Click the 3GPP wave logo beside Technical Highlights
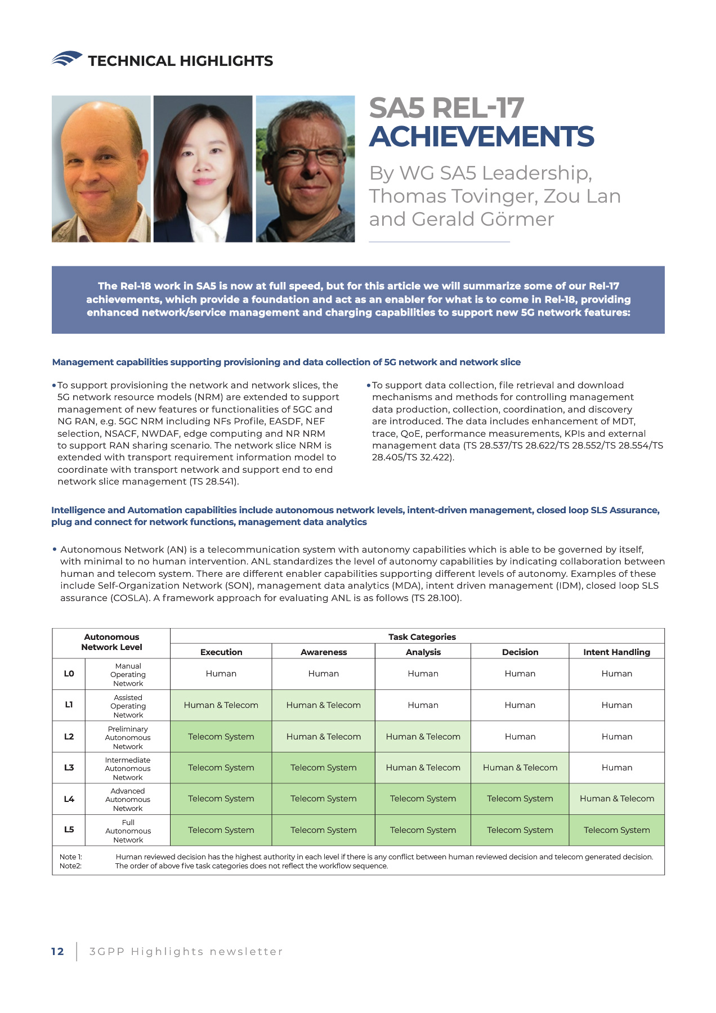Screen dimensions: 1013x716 [x=66, y=59]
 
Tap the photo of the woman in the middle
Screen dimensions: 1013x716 [x=203, y=169]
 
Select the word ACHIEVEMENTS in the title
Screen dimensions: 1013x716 [x=481, y=137]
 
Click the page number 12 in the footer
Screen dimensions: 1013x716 [x=57, y=951]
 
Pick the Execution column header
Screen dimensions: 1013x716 [x=221, y=652]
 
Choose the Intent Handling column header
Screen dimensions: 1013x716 [x=616, y=652]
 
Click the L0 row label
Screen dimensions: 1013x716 [x=69, y=674]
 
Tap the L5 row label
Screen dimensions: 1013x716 [x=69, y=830]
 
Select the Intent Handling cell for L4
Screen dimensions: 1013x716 [x=616, y=799]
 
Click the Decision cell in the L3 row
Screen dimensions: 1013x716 [x=520, y=768]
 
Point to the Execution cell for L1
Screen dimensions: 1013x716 [x=221, y=705]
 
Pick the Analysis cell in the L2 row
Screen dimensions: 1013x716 [x=423, y=737]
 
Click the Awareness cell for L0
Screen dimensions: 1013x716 [x=323, y=674]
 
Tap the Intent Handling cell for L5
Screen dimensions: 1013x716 [x=616, y=830]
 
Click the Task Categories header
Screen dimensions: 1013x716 [x=422, y=637]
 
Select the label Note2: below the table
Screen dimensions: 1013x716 [x=70, y=866]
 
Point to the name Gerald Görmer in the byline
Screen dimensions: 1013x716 [x=483, y=219]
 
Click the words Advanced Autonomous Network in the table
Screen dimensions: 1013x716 [x=128, y=799]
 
